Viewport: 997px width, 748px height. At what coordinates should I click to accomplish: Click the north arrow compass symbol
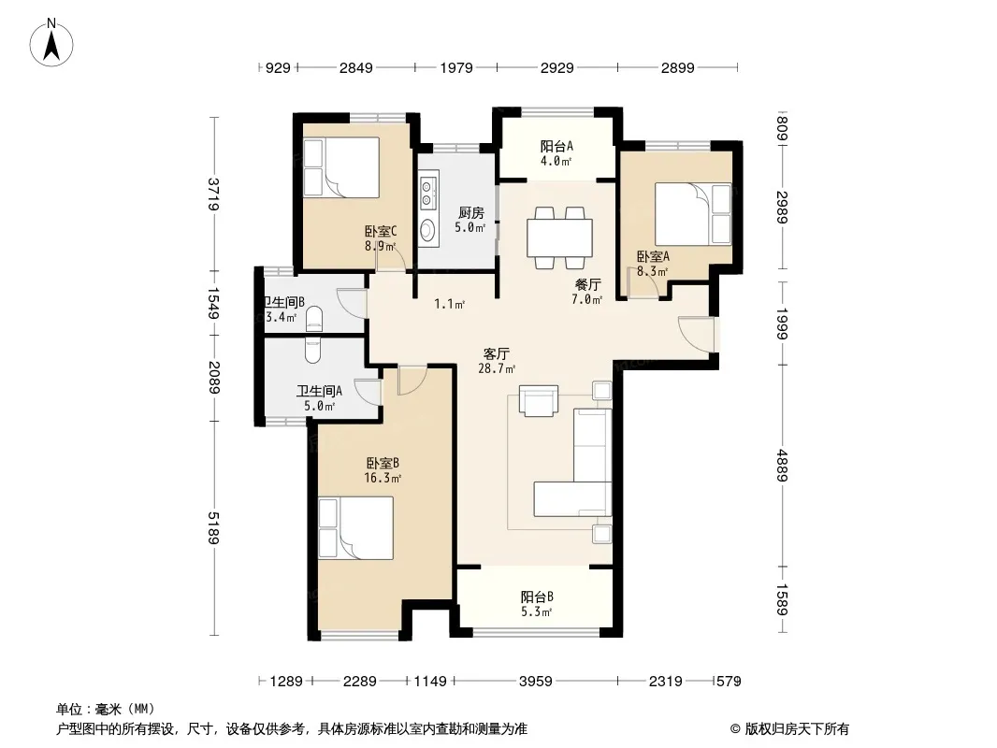point(51,43)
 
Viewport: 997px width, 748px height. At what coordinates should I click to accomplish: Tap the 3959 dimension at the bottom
point(535,682)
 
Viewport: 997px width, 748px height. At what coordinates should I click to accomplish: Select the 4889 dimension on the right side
point(782,466)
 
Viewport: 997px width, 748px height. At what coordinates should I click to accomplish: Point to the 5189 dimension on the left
point(213,527)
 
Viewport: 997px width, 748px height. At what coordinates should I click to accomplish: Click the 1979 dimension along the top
point(456,67)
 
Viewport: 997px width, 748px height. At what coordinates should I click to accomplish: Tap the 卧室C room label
point(381,231)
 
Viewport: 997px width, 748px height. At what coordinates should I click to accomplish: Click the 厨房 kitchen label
point(470,213)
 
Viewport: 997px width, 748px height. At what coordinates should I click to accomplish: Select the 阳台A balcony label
point(556,146)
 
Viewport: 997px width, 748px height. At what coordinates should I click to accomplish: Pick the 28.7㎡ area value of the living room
point(497,368)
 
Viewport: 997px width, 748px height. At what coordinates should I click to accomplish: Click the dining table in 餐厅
point(559,237)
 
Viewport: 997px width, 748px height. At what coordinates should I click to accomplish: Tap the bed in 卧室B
point(356,528)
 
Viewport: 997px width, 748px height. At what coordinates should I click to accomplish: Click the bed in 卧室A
point(693,214)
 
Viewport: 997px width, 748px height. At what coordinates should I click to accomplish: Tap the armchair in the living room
point(539,401)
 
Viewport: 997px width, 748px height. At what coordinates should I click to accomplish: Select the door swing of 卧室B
point(412,380)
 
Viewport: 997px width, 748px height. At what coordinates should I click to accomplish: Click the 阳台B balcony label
point(537,597)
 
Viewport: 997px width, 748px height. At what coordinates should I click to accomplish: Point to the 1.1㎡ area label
point(450,304)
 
